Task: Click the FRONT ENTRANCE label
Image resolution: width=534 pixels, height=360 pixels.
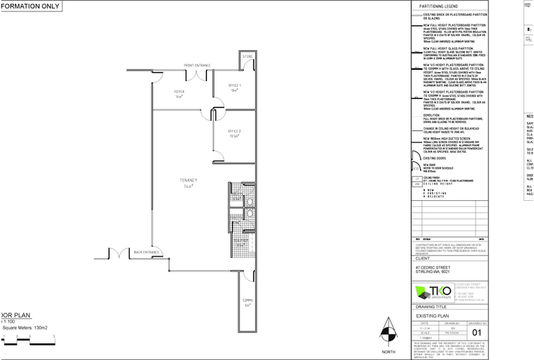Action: point(197,66)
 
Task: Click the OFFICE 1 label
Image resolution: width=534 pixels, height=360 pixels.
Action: point(234,87)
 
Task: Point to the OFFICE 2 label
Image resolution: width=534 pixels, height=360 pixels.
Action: point(234,133)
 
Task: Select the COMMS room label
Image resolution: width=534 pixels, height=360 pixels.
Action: point(247,301)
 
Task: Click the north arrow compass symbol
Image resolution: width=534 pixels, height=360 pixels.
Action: point(387,331)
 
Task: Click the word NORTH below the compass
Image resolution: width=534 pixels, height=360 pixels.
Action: point(387,352)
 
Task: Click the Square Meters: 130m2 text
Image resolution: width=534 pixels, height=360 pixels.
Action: point(25,328)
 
